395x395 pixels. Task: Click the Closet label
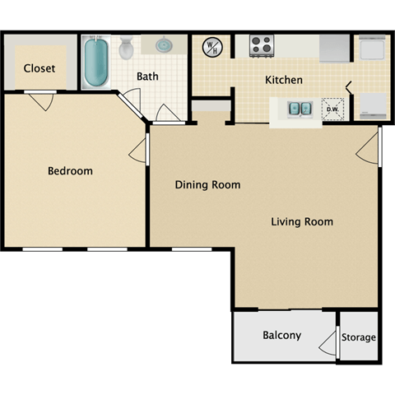tap(39, 68)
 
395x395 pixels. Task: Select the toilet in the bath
tap(126, 49)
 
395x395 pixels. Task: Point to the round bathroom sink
tap(163, 44)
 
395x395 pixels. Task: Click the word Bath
tap(147, 77)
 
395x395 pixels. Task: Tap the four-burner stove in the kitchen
tap(262, 44)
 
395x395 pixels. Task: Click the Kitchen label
tap(283, 81)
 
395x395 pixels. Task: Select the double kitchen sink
tap(299, 108)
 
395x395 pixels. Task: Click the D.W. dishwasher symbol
tap(333, 108)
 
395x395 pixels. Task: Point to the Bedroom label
tap(70, 171)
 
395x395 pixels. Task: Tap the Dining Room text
tap(207, 184)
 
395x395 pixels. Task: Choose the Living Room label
tap(302, 221)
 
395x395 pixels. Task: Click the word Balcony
tap(281, 336)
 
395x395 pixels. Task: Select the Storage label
tap(360, 337)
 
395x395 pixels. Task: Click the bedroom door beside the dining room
tap(141, 151)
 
